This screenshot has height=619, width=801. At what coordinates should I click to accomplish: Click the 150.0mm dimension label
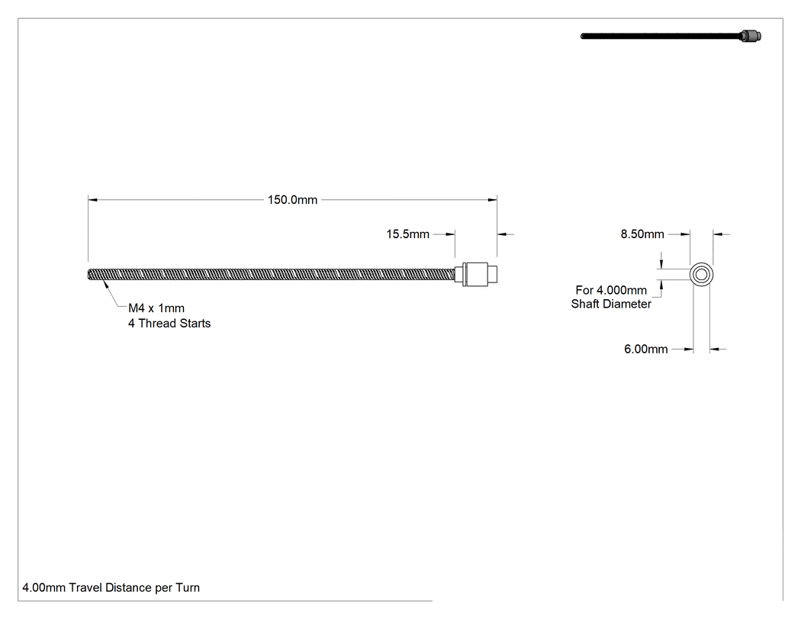[292, 200]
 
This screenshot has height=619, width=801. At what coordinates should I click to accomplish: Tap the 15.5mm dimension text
[407, 234]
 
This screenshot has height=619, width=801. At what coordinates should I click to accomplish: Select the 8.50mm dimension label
[642, 234]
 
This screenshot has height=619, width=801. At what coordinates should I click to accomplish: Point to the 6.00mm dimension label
[645, 349]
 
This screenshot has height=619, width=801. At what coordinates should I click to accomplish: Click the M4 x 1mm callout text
[156, 308]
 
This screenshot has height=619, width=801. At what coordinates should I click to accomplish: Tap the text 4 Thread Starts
[169, 324]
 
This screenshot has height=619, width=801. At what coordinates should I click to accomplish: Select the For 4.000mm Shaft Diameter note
[611, 297]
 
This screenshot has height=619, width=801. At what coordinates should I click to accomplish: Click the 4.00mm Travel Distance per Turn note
[111, 588]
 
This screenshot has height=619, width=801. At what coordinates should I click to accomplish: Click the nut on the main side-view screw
[479, 275]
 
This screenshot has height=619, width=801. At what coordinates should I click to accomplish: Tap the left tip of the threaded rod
[88, 275]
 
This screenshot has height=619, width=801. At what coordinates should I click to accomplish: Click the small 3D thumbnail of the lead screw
[671, 36]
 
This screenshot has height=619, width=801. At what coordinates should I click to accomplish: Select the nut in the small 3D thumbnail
[751, 36]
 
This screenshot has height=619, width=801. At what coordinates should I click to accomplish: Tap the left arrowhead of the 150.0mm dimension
[92, 200]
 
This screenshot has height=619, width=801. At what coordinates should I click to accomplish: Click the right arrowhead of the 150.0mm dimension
[493, 200]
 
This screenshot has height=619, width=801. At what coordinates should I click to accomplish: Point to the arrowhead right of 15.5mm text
[450, 234]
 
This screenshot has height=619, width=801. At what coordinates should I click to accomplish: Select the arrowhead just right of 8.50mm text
[685, 234]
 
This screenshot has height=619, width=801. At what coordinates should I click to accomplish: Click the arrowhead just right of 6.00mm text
[689, 350]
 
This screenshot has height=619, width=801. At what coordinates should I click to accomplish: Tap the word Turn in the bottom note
[188, 588]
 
